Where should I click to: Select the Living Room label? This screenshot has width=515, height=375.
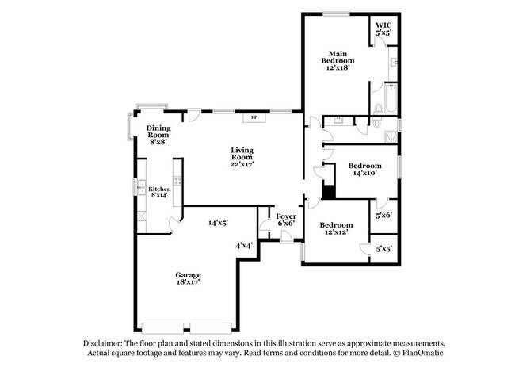click(241, 154)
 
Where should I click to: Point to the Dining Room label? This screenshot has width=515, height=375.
click(158, 132)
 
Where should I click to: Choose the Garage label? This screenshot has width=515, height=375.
click(188, 275)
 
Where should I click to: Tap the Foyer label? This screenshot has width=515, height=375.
click(285, 216)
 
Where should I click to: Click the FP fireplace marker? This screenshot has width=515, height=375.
click(254, 118)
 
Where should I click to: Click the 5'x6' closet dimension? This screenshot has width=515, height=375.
click(383, 215)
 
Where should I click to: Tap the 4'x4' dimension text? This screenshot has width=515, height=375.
click(244, 246)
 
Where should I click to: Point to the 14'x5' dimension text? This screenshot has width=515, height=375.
click(219, 224)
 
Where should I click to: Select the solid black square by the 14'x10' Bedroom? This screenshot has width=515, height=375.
click(329, 190)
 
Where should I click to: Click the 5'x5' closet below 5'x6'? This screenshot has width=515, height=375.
click(383, 249)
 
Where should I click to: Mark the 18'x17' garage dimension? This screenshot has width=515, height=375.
click(188, 282)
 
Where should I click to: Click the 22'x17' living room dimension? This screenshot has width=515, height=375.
click(241, 163)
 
